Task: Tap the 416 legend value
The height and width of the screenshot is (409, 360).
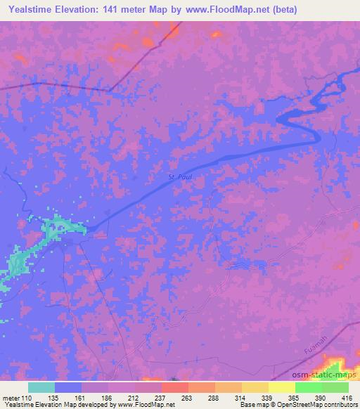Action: (346, 398)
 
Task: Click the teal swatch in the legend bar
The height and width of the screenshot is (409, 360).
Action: (41, 387)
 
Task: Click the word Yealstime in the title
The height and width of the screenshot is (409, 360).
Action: (33, 9)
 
